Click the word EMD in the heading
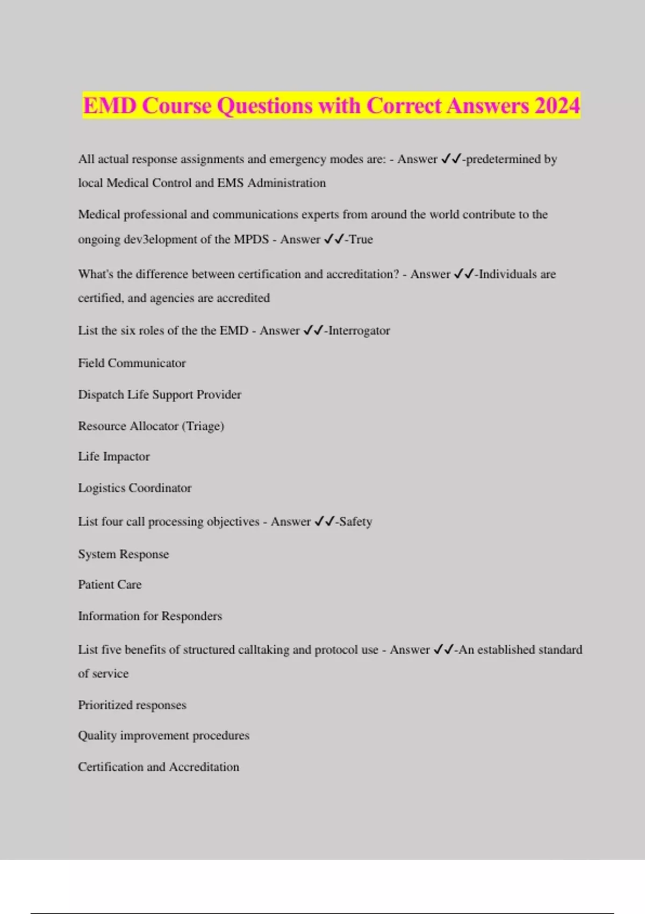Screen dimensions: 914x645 pyautogui.click(x=110, y=105)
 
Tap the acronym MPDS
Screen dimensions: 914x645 pyautogui.click(x=251, y=239)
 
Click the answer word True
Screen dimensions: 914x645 pyautogui.click(x=361, y=239)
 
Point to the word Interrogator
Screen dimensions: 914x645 pyautogui.click(x=359, y=331)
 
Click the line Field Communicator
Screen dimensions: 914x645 pyautogui.click(x=132, y=363)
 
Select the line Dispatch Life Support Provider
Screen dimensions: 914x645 pyautogui.click(x=160, y=395)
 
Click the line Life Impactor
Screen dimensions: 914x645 pyautogui.click(x=114, y=456)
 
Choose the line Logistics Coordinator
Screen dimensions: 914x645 pyautogui.click(x=134, y=488)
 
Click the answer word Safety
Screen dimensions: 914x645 pyautogui.click(x=355, y=522)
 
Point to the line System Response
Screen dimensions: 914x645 pyautogui.click(x=123, y=554)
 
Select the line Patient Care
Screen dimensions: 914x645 pyautogui.click(x=110, y=584)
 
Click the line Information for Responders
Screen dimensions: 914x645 pyautogui.click(x=150, y=616)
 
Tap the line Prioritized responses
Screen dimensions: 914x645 pyautogui.click(x=132, y=705)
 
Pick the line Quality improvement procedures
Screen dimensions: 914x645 pyautogui.click(x=163, y=736)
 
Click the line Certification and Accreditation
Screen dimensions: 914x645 pyautogui.click(x=159, y=767)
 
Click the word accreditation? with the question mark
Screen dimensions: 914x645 pyautogui.click(x=363, y=274)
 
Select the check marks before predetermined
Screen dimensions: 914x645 pyautogui.click(x=450, y=159)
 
